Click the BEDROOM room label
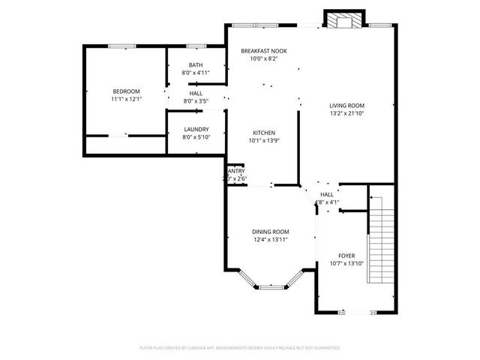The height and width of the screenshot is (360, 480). coord(126,91)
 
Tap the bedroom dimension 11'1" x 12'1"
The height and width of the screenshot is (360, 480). coord(126,99)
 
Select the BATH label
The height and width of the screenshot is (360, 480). coord(195,65)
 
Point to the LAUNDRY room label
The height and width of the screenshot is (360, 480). coord(196,129)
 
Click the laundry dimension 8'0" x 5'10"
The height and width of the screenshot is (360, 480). coord(196,136)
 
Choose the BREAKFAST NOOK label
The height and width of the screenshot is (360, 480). coord(263,50)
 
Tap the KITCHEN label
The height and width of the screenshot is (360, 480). coord(262,133)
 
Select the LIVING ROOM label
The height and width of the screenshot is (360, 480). coord(346,106)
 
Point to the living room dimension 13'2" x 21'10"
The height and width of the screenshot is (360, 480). coord(346,113)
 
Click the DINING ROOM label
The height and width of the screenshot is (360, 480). coord(270,231)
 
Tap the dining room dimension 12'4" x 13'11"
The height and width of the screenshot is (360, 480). coord(270,239)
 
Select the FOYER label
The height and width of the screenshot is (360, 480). coord(346,256)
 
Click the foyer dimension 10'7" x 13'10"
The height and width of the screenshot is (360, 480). coord(346,263)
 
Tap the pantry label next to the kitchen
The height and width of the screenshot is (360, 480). coord(235,171)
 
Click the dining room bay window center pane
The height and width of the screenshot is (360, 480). coord(270,286)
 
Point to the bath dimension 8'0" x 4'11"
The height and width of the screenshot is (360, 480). coord(195,73)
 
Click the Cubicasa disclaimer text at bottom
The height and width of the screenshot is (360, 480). coord(240,348)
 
